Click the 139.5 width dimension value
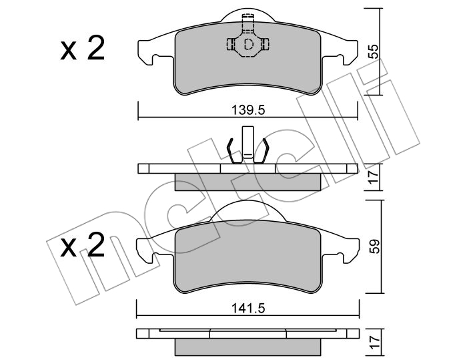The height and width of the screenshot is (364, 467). (x=248, y=111)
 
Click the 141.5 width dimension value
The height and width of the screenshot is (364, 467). (x=248, y=309)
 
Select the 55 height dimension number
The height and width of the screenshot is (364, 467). (x=374, y=51)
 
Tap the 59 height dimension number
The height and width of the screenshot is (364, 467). (x=375, y=246)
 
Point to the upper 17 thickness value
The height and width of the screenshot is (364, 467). (x=374, y=178)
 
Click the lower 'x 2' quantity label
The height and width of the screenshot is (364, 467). (x=83, y=245)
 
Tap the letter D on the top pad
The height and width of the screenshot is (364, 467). (x=248, y=45)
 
